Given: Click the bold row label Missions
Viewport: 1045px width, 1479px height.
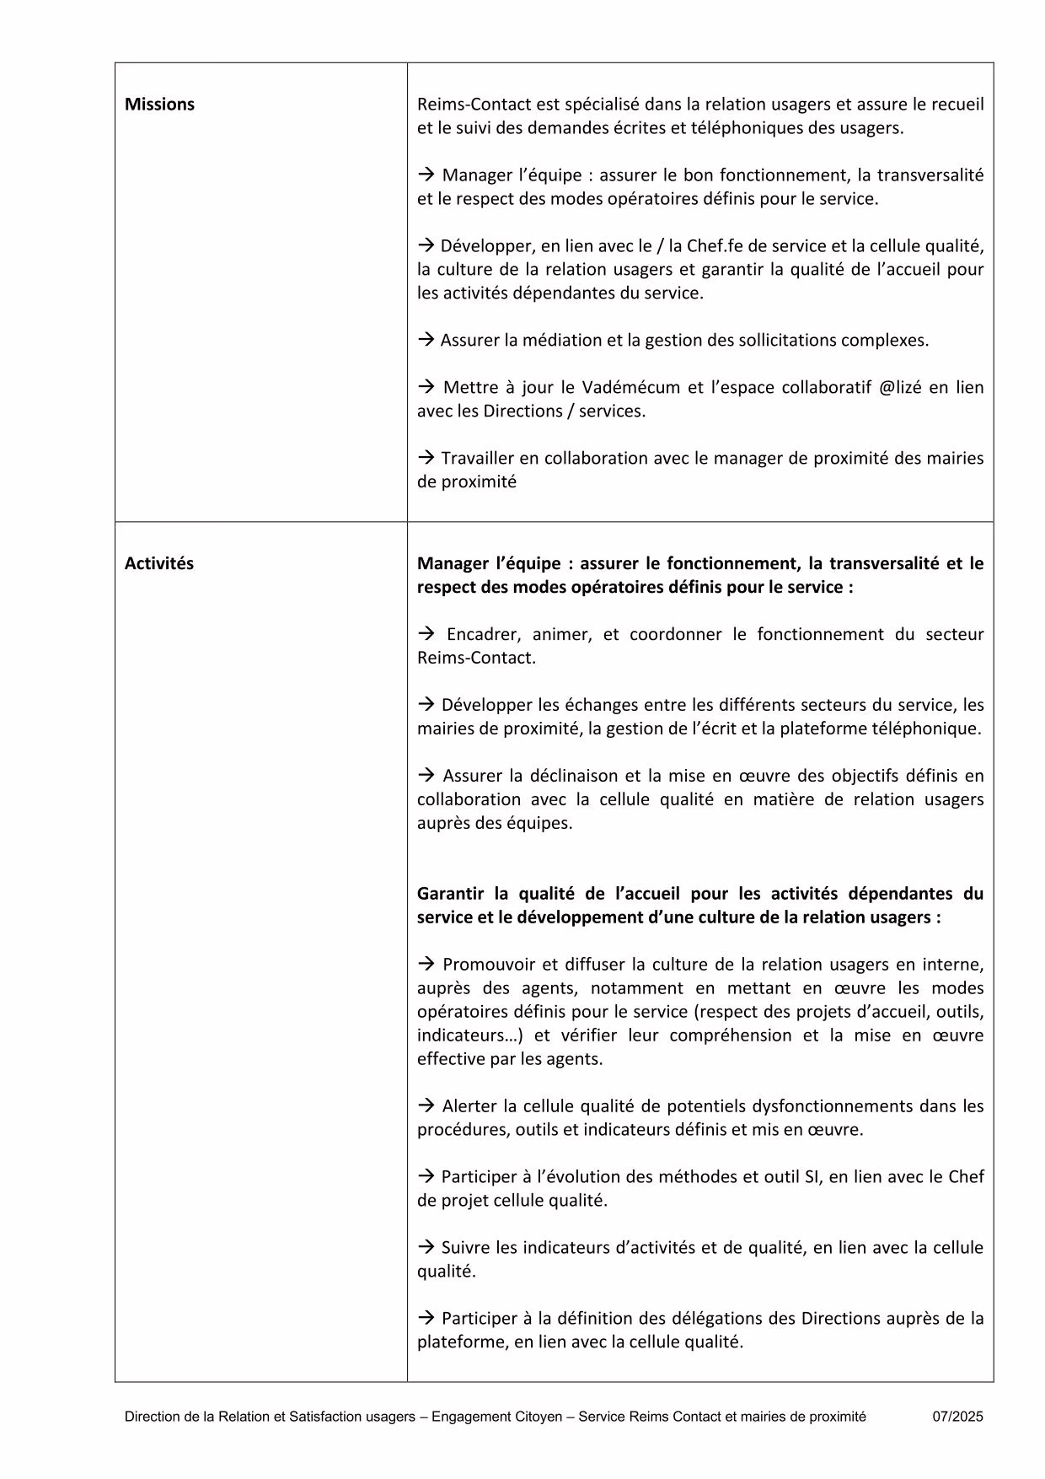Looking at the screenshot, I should (159, 105).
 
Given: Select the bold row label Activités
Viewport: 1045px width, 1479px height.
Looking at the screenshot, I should (158, 563).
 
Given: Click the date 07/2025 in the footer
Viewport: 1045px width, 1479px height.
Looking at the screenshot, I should (957, 1417).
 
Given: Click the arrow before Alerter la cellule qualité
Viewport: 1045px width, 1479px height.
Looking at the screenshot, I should (426, 1105).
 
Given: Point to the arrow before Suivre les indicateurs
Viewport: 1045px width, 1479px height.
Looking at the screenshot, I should (426, 1247).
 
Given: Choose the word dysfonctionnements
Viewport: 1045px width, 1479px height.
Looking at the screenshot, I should (831, 1105).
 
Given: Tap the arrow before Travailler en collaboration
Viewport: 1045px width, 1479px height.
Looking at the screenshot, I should (426, 458).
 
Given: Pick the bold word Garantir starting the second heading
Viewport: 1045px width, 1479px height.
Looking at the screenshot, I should (451, 893).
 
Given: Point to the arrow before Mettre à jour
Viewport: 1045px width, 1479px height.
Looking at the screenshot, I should (426, 387).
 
